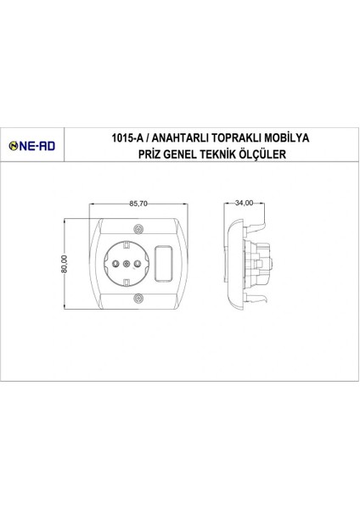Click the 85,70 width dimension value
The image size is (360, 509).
(x=139, y=204)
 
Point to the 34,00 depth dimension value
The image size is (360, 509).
(x=246, y=204)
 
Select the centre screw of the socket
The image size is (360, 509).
(x=126, y=264)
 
